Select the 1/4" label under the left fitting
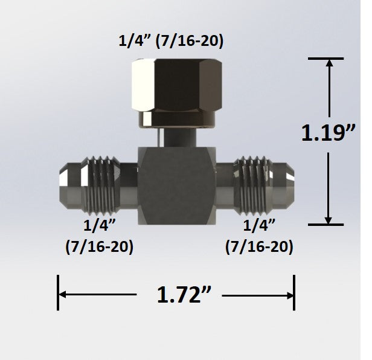(x=99, y=227)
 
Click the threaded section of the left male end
(x=101, y=181)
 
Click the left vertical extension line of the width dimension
(x=58, y=293)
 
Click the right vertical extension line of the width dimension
(x=294, y=293)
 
